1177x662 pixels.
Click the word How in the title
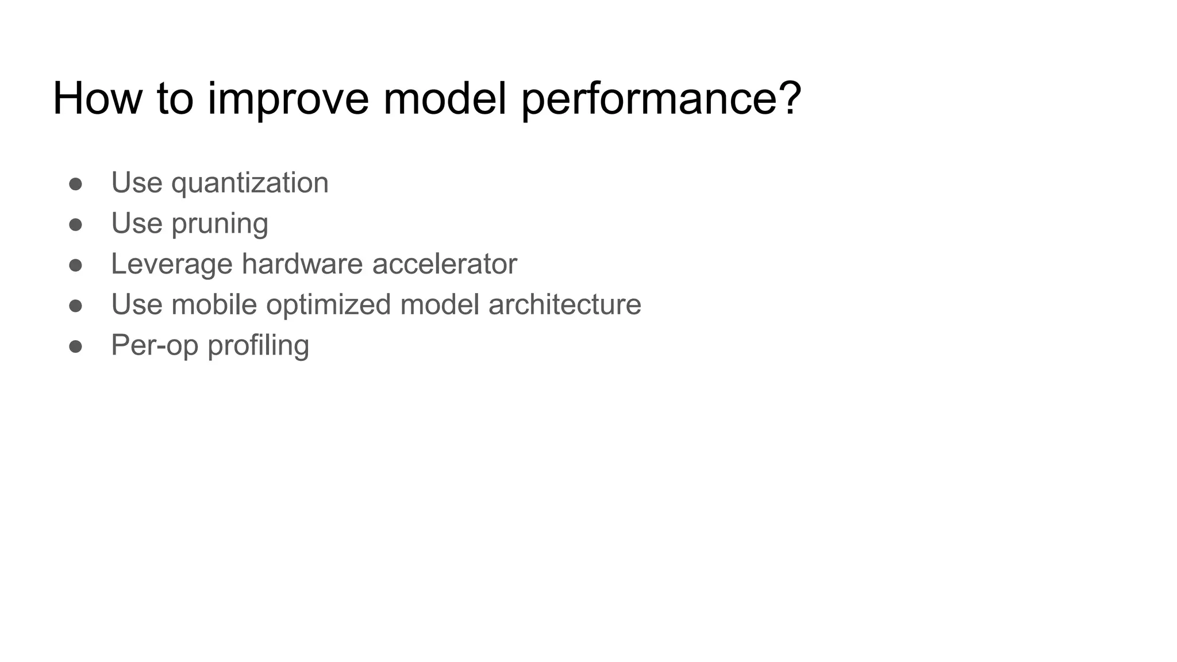coord(97,99)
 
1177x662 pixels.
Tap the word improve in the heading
coord(287,99)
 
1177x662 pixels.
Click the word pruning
coord(220,224)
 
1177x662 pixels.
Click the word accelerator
coord(444,264)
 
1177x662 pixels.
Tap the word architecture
coord(564,305)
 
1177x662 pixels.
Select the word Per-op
coord(155,346)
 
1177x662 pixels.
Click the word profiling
coord(258,346)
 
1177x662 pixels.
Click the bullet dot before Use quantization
coord(76,184)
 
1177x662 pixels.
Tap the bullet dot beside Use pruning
coord(76,225)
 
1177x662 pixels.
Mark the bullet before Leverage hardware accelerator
coord(76,265)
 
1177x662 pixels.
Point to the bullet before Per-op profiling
coord(76,347)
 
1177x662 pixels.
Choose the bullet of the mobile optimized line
coord(76,306)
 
